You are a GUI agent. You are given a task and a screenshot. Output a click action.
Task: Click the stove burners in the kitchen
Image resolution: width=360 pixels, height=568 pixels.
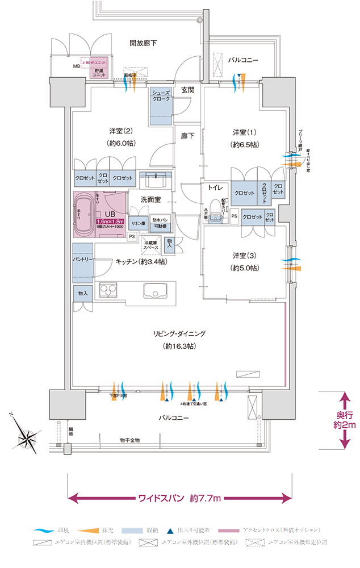[x=107, y=290]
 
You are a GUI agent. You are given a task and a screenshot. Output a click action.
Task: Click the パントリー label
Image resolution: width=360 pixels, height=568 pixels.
[x=82, y=259]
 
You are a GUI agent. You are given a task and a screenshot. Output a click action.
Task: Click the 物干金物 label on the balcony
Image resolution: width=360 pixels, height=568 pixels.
[x=130, y=440]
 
